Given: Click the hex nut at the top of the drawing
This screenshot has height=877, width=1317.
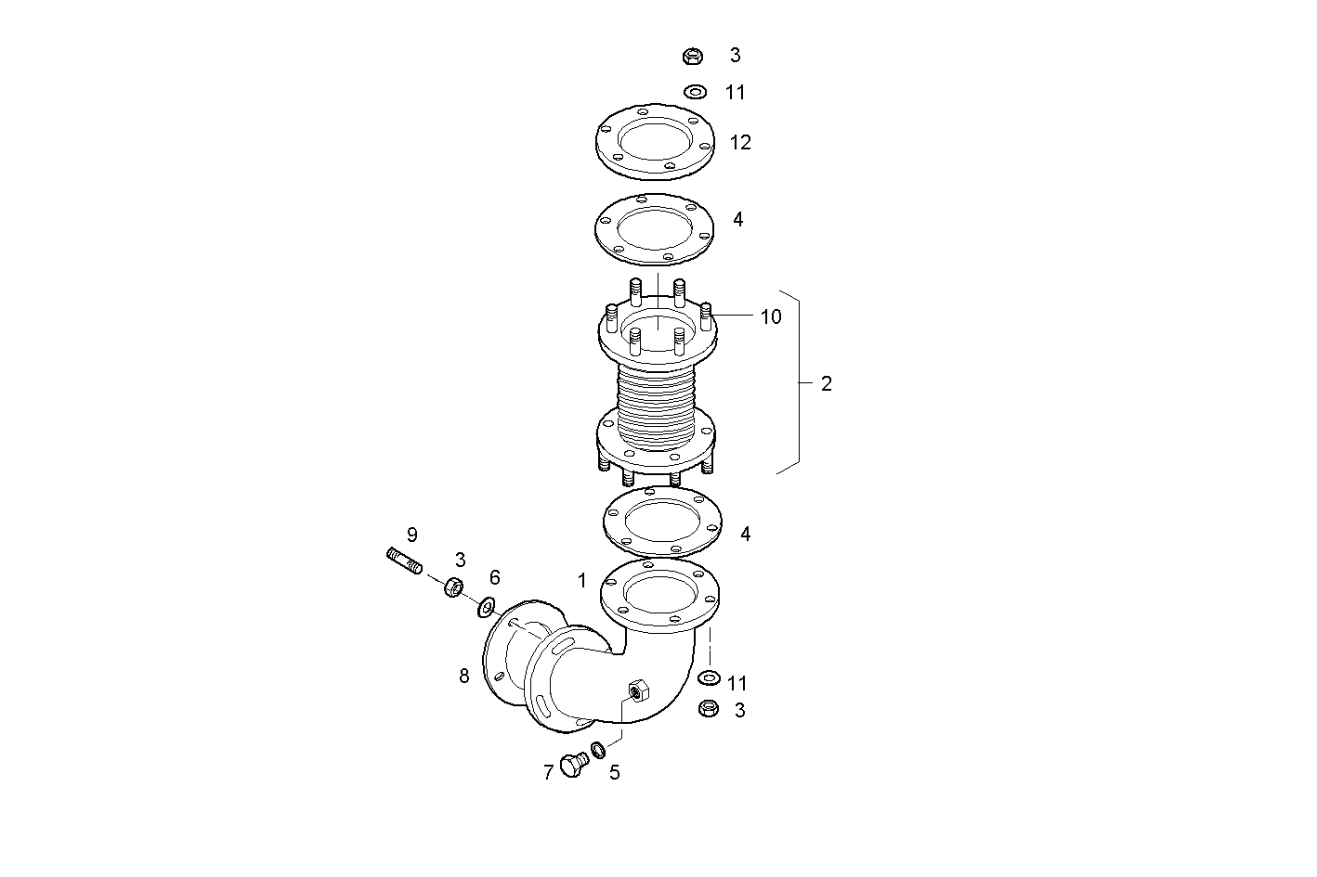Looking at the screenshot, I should [691, 57].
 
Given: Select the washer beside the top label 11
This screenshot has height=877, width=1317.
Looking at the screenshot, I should [694, 92].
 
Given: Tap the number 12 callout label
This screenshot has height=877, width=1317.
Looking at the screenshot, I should [740, 143].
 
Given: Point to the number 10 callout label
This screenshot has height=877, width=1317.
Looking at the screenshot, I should [771, 316].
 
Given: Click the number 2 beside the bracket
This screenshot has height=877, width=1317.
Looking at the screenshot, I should [826, 383].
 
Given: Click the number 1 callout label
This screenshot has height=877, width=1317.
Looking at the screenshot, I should [582, 581].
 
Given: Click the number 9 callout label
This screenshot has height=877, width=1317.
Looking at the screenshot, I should [411, 535].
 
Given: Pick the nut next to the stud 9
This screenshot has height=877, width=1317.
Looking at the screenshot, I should [453, 587].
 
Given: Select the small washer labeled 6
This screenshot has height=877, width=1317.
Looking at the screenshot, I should [486, 608].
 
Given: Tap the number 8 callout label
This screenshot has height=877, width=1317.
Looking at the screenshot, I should [464, 676].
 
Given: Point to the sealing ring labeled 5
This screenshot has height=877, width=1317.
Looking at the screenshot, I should [599, 749].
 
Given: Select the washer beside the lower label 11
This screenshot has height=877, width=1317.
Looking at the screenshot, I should [708, 676].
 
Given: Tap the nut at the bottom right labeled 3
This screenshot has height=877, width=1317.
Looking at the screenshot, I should [707, 708].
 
